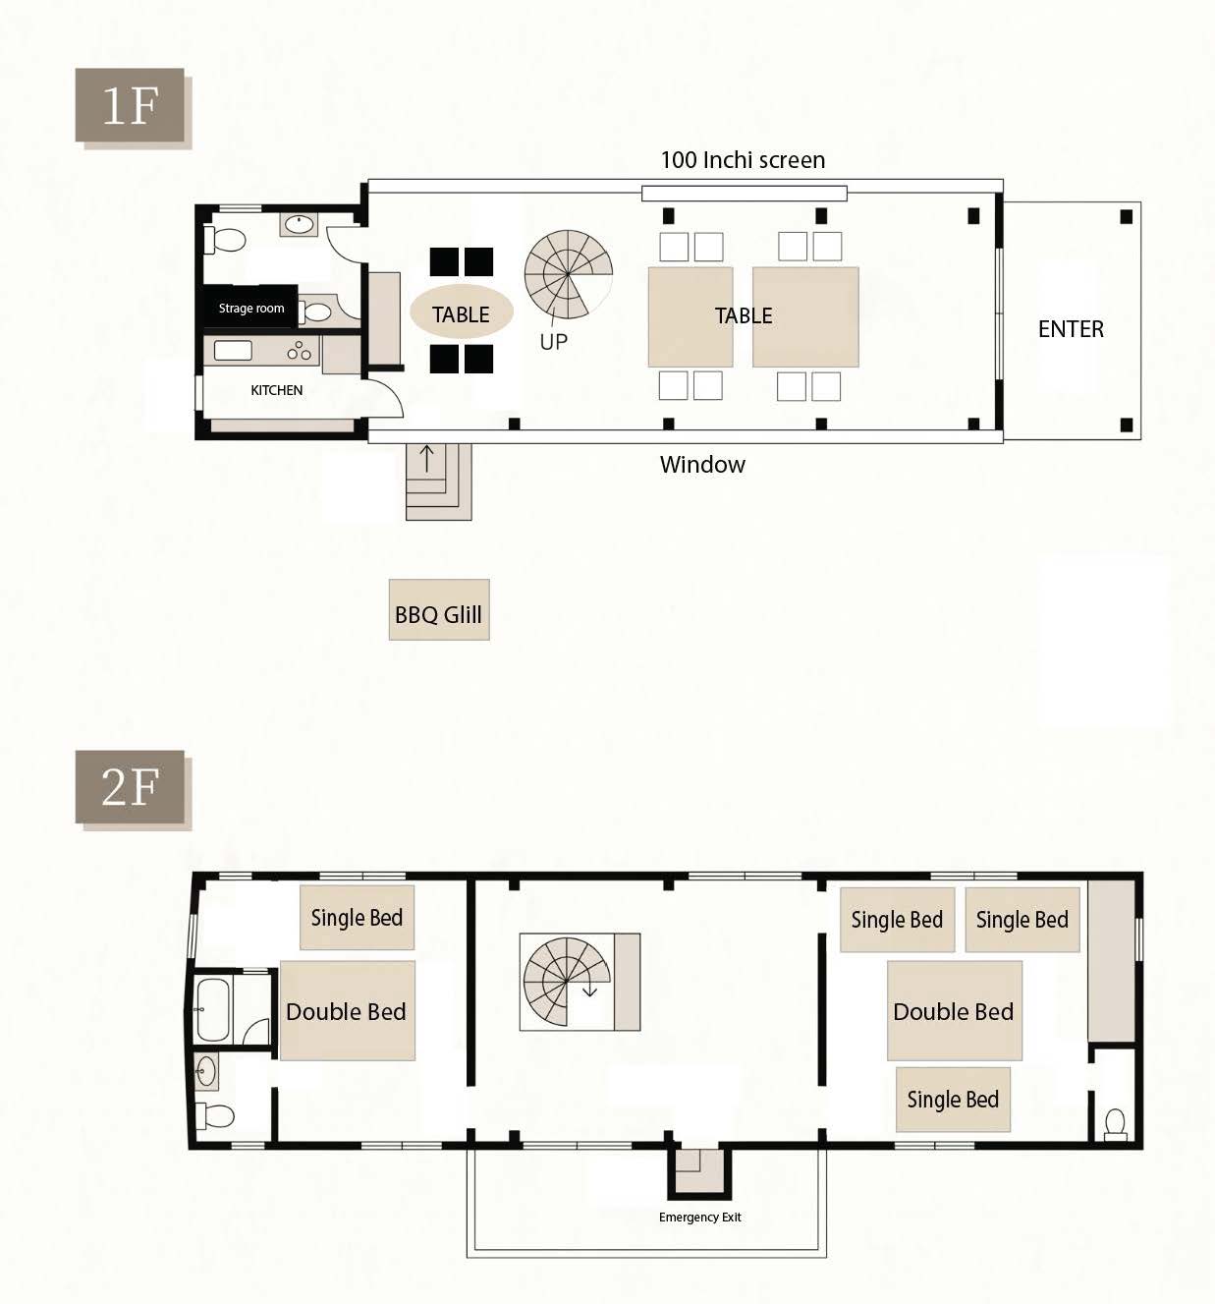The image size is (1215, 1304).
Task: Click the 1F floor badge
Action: click(130, 105)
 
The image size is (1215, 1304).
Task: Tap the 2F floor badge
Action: click(130, 786)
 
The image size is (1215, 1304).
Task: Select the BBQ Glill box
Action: click(439, 609)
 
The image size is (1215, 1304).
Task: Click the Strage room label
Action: click(251, 308)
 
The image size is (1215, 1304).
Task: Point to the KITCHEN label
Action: click(276, 390)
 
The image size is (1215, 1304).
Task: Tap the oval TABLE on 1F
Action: click(462, 312)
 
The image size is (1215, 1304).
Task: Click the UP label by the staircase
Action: click(553, 341)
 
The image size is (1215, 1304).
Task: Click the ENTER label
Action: click(1071, 329)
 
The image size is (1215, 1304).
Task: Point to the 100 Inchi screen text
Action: click(743, 160)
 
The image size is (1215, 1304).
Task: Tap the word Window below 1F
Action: click(702, 465)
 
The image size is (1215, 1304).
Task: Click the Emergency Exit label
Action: click(699, 1218)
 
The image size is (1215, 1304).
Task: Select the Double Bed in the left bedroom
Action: click(348, 1011)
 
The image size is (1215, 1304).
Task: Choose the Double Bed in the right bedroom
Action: click(955, 1011)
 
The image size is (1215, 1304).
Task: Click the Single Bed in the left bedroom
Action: click(358, 917)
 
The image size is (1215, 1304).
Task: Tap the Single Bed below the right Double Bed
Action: click(953, 1100)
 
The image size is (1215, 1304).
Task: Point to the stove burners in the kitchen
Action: click(300, 351)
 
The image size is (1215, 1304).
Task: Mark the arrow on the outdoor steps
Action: click(426, 458)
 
